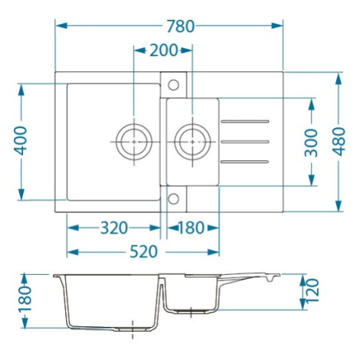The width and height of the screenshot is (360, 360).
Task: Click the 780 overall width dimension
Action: [x=181, y=26]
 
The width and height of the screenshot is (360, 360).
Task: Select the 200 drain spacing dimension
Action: [x=163, y=50]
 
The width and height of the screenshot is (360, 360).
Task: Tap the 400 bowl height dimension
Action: [x=21, y=141]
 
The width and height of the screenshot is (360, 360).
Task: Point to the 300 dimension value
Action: [x=311, y=142]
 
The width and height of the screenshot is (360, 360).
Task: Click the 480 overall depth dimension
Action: [x=339, y=142]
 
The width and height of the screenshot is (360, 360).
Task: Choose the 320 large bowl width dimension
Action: [x=114, y=227]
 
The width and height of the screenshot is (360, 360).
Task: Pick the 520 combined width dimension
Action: [x=144, y=252]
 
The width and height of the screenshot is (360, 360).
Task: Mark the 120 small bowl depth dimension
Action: [x=313, y=290]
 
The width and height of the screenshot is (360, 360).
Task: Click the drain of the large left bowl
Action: [x=134, y=142]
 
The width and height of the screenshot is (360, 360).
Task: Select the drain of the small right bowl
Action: [x=192, y=142]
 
